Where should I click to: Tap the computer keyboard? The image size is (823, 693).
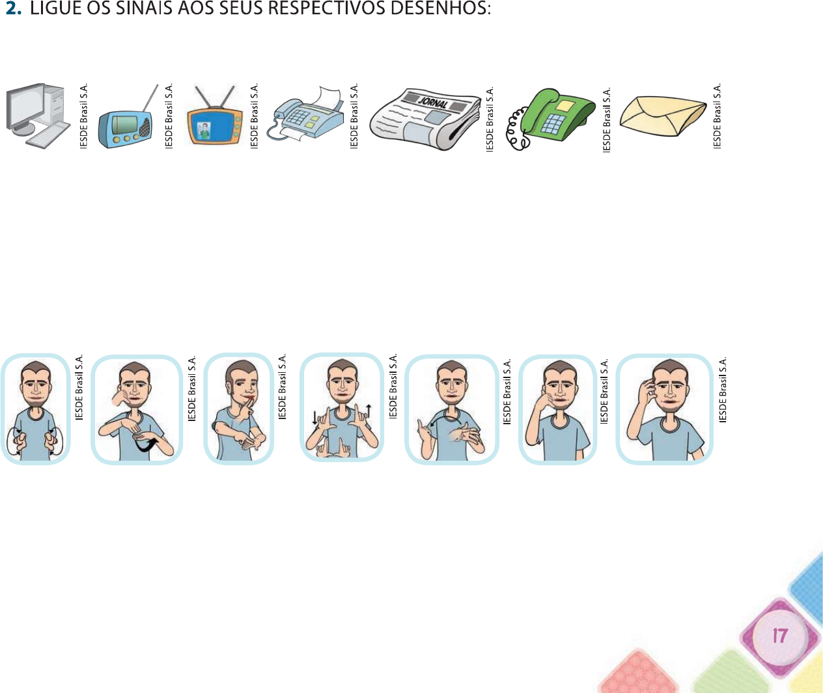click(x=48, y=134)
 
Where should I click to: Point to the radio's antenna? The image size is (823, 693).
click(x=150, y=98)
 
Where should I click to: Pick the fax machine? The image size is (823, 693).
click(x=306, y=115)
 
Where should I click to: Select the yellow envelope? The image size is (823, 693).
click(x=663, y=116)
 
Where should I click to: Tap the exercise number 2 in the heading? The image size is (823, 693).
click(x=14, y=8)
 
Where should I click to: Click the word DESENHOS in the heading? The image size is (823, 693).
click(x=441, y=8)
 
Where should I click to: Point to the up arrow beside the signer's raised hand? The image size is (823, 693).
click(x=369, y=411)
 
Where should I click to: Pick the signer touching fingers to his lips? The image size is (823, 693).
click(x=238, y=409)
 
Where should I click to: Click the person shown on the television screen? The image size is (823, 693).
click(x=204, y=131)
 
